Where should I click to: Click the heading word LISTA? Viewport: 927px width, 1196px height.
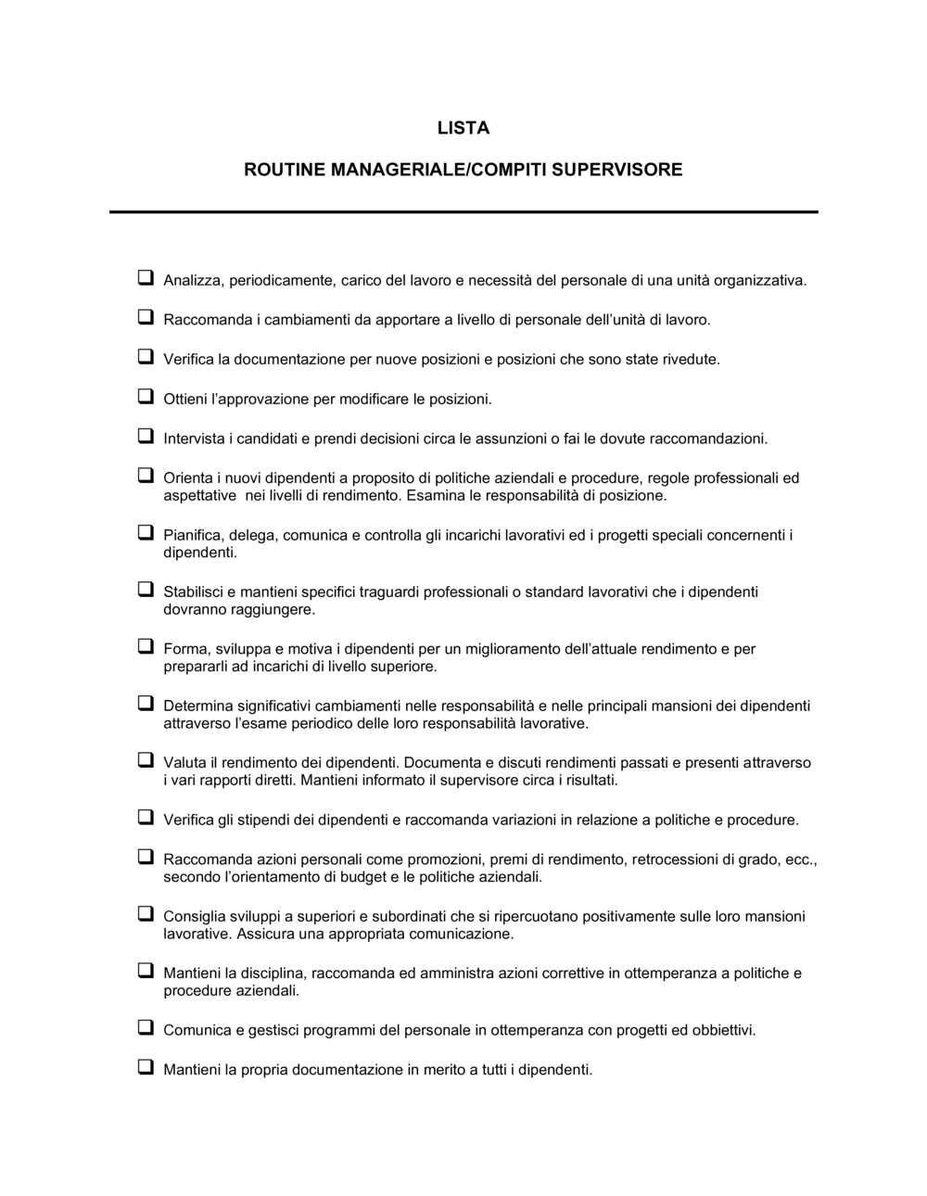click(463, 129)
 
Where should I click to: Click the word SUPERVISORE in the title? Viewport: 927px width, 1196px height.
click(623, 170)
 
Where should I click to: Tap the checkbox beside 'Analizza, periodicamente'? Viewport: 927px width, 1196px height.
click(146, 277)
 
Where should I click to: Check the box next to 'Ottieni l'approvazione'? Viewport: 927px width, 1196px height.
click(146, 397)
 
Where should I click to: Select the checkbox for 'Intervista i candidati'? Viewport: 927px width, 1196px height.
click(146, 436)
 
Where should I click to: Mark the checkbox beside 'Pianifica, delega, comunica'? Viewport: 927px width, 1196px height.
click(146, 533)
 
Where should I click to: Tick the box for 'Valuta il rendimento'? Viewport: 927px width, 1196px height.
click(146, 760)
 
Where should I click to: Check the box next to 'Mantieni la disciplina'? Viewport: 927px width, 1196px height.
click(146, 971)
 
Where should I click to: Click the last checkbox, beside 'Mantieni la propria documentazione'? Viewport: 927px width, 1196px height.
click(146, 1067)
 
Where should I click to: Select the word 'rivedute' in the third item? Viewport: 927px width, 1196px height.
click(691, 359)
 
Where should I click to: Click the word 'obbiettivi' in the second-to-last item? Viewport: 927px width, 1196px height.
click(720, 1030)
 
